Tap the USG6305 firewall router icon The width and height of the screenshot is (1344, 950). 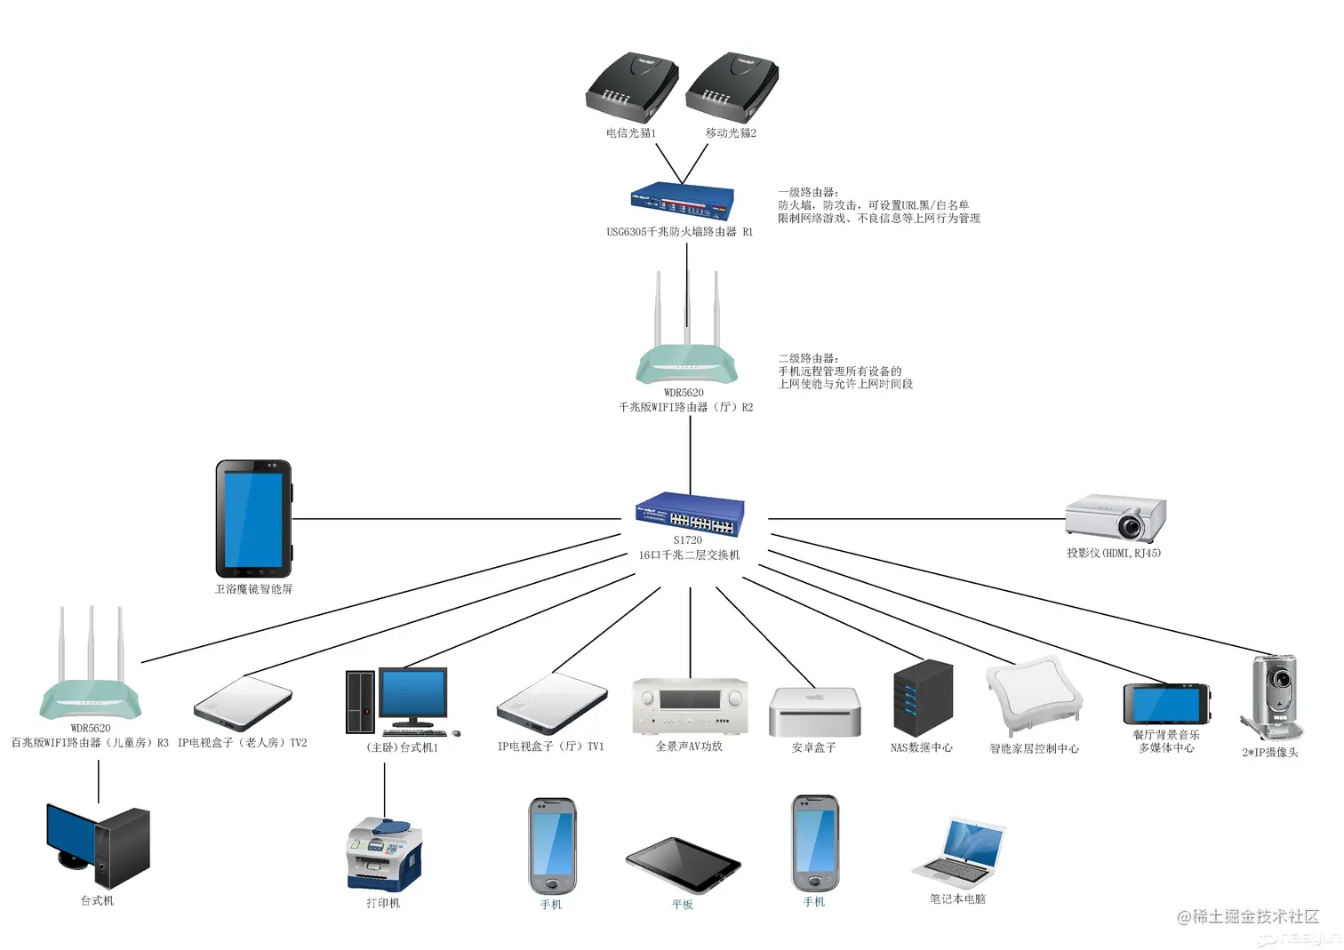(x=683, y=202)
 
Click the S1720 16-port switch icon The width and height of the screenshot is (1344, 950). (x=690, y=514)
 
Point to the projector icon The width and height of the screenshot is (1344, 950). (x=1116, y=518)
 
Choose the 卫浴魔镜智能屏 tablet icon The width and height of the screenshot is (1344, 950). (x=253, y=519)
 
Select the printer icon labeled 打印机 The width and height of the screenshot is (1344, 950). (x=384, y=854)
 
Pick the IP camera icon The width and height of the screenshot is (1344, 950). (x=1273, y=698)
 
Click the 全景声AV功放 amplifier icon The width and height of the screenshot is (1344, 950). (x=690, y=707)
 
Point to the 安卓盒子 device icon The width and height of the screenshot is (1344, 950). (x=814, y=712)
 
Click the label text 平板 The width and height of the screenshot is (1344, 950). (x=682, y=905)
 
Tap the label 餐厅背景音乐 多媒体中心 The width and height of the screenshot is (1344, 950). (x=1166, y=742)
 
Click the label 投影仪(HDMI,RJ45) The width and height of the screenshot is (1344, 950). (x=1114, y=553)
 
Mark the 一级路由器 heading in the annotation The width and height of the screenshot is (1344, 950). (x=808, y=192)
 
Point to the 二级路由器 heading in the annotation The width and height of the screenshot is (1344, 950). (x=808, y=358)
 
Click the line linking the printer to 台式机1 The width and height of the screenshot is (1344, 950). (x=385, y=786)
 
